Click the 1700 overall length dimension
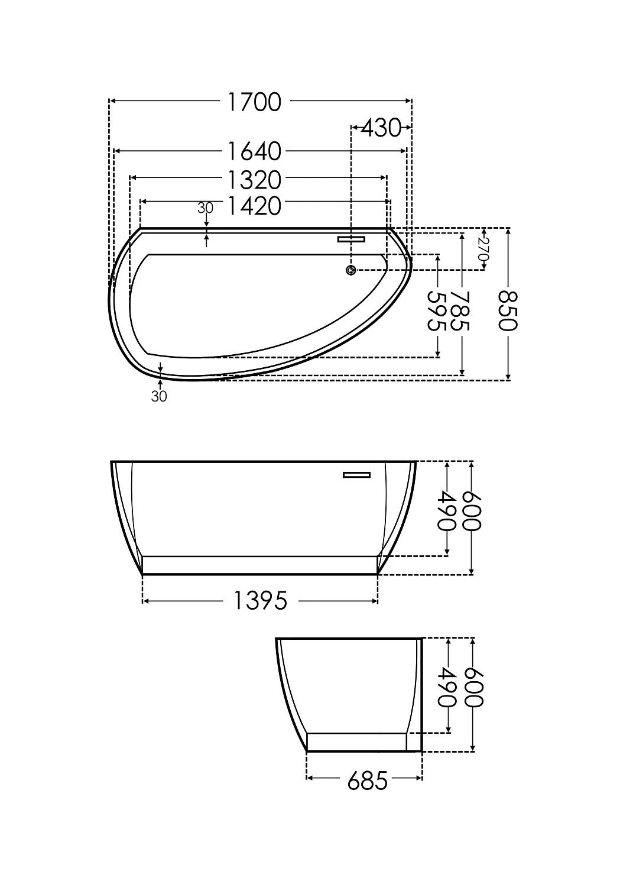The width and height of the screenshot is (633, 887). (x=255, y=102)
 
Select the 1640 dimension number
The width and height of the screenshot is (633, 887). (x=255, y=151)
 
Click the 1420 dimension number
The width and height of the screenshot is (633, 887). (x=255, y=206)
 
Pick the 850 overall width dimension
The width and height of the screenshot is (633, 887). (x=508, y=311)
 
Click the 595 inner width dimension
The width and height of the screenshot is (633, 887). (x=437, y=311)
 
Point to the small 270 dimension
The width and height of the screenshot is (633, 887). (x=483, y=249)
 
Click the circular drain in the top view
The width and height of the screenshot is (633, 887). (x=350, y=270)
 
